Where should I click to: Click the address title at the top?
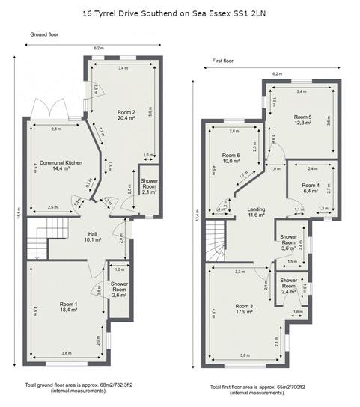click(180, 13)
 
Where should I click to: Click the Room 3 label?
click(245, 308)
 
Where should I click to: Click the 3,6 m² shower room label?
click(288, 244)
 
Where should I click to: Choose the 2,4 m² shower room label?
click(287, 288)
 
